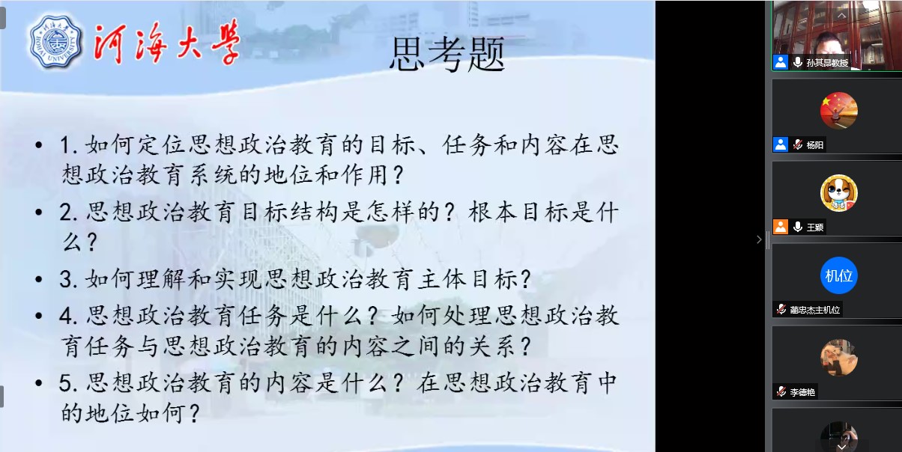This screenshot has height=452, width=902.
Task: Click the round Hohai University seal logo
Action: click(56, 43)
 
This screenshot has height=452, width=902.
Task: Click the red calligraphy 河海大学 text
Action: click(167, 42)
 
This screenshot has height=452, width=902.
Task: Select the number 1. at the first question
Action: click(68, 144)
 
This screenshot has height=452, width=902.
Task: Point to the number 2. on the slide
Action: click(68, 212)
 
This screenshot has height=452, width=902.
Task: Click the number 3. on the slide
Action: click(68, 279)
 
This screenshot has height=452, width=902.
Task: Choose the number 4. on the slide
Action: click(68, 316)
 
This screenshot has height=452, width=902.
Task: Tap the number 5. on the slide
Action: click(68, 383)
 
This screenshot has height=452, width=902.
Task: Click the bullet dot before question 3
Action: click(39, 279)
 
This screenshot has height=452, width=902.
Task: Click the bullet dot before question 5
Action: click(39, 383)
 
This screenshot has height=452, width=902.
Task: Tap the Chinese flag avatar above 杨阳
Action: click(839, 111)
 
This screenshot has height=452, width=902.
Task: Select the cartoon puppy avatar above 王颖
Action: click(839, 193)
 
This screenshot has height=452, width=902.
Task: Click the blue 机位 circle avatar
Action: click(839, 275)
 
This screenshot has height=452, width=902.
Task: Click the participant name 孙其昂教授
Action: click(827, 63)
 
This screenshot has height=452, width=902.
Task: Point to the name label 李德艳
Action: click(802, 392)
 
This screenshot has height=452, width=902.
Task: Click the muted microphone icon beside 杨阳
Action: click(797, 144)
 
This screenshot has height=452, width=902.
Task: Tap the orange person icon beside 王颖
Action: click(781, 227)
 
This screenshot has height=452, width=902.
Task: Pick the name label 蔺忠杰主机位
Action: click(815, 310)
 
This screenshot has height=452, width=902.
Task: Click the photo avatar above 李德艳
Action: click(839, 358)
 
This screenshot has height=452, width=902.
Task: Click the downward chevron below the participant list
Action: click(841, 447)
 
